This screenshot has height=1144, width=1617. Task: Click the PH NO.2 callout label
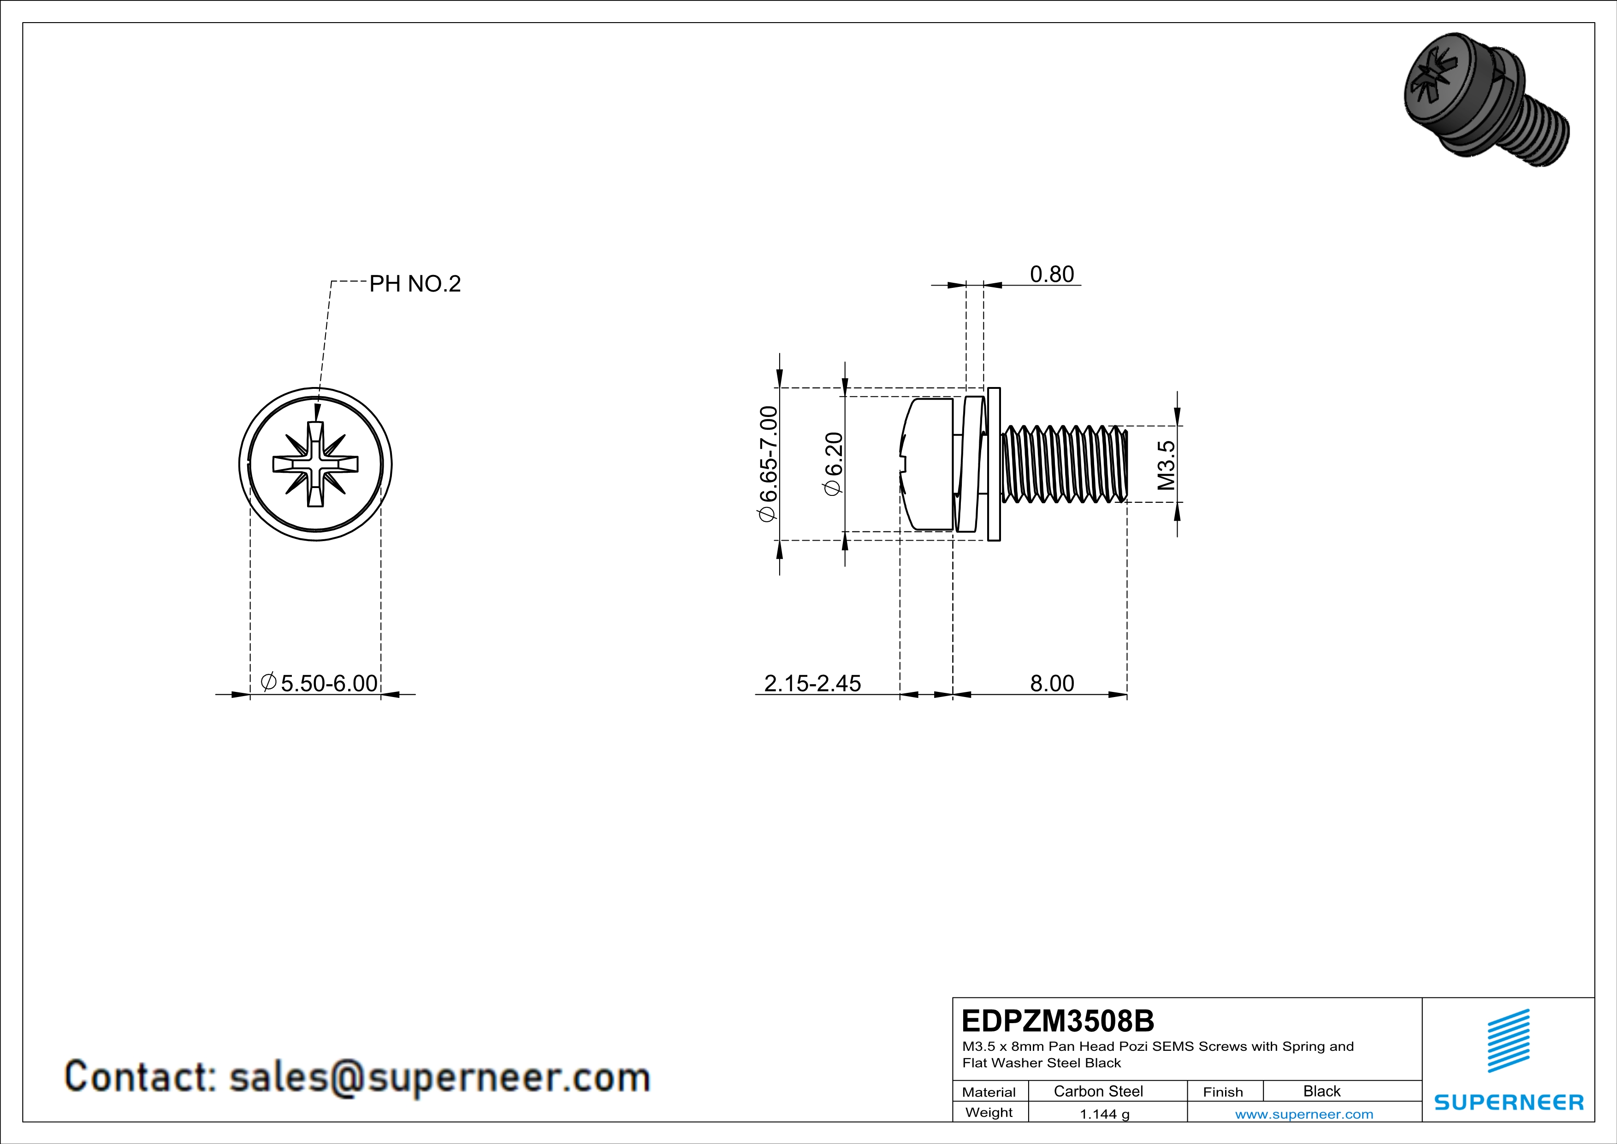coord(415,284)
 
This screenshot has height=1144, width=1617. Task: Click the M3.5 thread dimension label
coord(1166,465)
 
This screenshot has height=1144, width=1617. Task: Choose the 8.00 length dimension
coord(1052,683)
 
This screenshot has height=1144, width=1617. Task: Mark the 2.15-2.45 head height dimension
coord(813,683)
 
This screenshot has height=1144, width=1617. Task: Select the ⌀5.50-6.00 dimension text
coord(319,683)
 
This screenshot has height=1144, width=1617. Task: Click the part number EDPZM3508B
coord(1058,1021)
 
